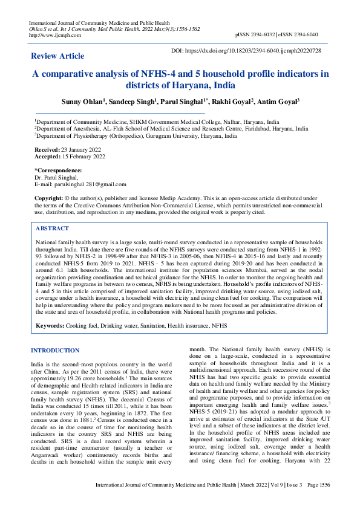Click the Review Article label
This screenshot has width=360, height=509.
57,56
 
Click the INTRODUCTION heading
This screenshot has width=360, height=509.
55,351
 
